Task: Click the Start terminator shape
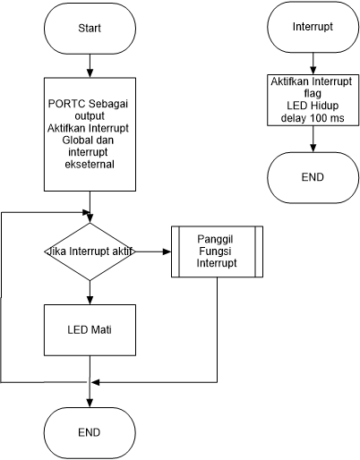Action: [x=90, y=27]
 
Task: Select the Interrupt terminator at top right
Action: [x=311, y=27]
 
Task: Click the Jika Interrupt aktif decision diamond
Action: [x=90, y=252]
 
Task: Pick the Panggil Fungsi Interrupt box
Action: [x=217, y=252]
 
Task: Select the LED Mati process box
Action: [x=90, y=329]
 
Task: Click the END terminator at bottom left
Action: [x=90, y=431]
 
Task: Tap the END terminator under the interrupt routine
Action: [x=312, y=177]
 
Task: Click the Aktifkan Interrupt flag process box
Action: [x=312, y=100]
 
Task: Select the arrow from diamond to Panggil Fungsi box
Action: [x=151, y=252]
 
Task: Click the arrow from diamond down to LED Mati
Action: [x=90, y=293]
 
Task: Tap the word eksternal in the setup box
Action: [x=90, y=166]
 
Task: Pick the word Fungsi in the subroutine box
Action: [x=217, y=252]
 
